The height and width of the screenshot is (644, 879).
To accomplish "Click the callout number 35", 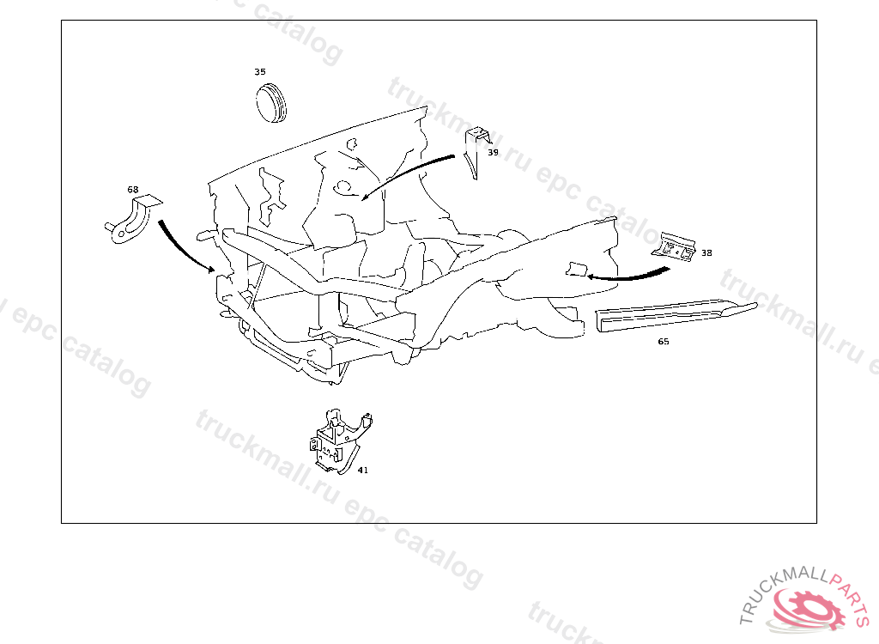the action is (259, 72).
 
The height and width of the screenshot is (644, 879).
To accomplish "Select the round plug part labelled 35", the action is (271, 103).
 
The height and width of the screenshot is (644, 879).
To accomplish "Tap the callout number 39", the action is (493, 152).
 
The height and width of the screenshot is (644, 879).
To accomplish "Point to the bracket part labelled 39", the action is (476, 151).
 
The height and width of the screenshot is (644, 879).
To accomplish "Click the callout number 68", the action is (133, 190).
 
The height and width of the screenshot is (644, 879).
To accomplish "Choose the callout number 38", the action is (706, 253).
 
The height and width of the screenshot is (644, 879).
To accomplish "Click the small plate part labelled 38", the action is (675, 247).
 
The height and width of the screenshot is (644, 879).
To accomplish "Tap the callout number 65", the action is (664, 341).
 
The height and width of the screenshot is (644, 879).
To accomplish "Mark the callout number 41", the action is (363, 470).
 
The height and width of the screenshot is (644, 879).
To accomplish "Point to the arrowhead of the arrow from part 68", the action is (211, 270).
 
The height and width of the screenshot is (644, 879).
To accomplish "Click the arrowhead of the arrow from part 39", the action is (365, 196).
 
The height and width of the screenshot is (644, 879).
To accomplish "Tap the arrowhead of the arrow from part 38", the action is (591, 276).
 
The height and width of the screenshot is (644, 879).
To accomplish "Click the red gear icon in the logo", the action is (809, 609).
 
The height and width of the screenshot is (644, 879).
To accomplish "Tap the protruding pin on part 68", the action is (109, 227).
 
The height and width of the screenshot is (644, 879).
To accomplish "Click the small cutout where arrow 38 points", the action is (576, 269).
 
